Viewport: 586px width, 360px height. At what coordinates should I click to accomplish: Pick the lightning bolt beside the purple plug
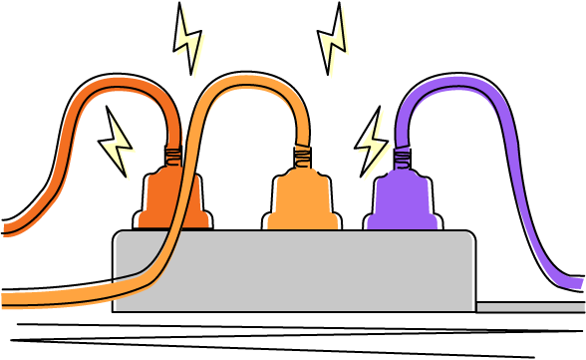click(x=375, y=146)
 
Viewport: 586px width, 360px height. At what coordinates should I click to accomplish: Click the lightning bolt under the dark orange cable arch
click(x=120, y=146)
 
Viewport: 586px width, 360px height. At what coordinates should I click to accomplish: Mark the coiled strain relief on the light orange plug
click(x=303, y=155)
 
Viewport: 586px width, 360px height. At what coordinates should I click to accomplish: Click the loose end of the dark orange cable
click(x=8, y=227)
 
